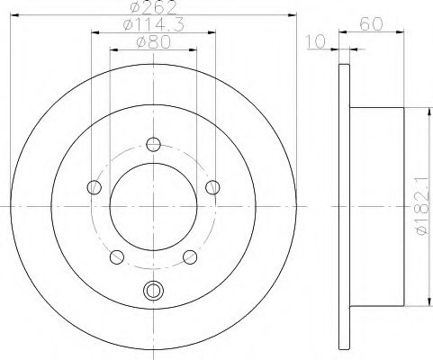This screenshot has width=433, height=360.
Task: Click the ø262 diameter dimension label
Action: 153,7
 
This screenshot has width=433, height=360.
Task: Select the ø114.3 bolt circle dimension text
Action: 153,24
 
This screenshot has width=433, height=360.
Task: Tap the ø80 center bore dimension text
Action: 153,42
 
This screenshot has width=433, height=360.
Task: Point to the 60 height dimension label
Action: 372,24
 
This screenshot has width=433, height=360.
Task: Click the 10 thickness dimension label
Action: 315,41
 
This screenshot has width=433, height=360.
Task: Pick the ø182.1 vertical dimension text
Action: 422,206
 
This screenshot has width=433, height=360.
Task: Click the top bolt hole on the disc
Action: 153,144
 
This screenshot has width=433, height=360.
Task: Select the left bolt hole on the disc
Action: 94,187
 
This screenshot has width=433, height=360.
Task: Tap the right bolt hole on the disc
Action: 212,187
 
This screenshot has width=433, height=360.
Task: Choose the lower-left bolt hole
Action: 117,257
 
